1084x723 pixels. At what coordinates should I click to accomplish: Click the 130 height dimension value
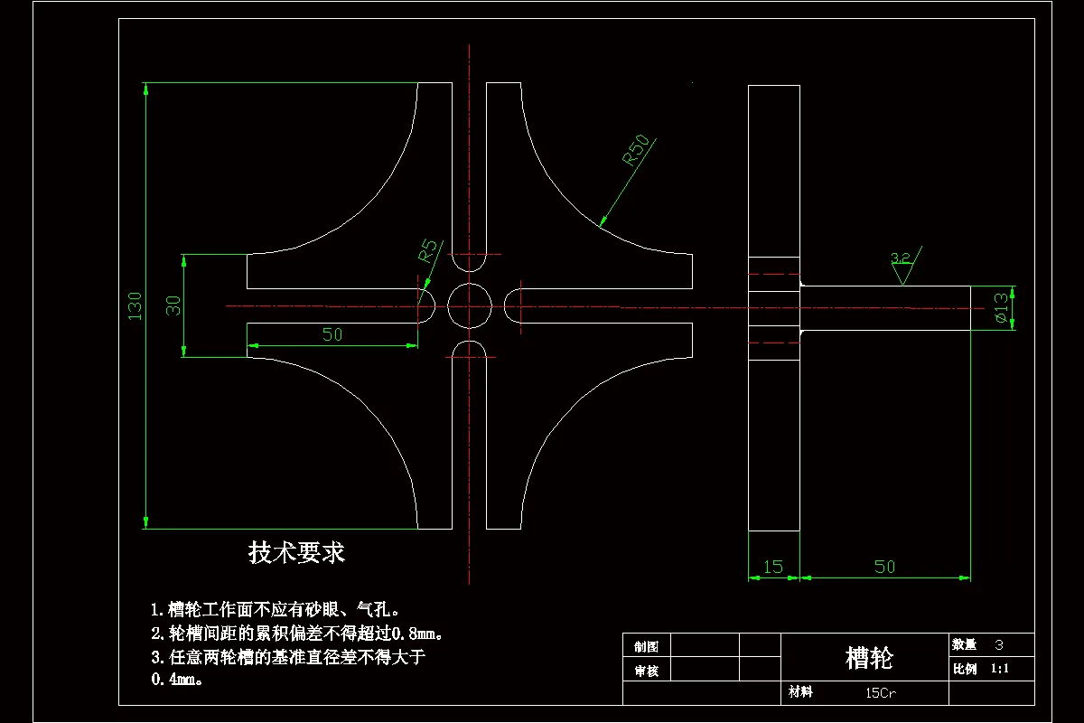click(x=135, y=305)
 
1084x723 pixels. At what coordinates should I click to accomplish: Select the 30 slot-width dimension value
click(x=174, y=305)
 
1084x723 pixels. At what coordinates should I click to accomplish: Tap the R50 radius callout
click(x=636, y=150)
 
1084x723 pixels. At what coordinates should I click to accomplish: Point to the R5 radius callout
click(x=428, y=250)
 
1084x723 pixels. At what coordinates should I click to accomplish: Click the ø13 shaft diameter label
click(x=1001, y=308)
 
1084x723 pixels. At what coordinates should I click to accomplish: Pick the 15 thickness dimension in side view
click(x=773, y=568)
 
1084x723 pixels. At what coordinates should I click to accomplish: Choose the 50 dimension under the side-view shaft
click(x=884, y=568)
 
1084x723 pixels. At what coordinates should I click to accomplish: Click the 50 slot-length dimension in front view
click(x=332, y=334)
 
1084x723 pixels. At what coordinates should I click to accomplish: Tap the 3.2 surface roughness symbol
click(x=902, y=264)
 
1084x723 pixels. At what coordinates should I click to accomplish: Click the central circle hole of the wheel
click(x=470, y=305)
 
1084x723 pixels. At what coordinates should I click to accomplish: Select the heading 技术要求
click(x=296, y=552)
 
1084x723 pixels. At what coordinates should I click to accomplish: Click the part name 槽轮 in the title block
click(x=868, y=658)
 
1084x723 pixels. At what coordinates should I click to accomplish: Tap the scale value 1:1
click(x=999, y=670)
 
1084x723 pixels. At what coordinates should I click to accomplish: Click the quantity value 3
click(x=998, y=645)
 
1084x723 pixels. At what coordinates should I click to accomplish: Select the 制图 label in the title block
click(x=646, y=646)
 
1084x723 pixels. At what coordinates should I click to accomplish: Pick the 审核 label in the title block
click(x=646, y=671)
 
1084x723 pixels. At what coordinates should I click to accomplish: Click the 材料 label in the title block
click(x=800, y=692)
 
